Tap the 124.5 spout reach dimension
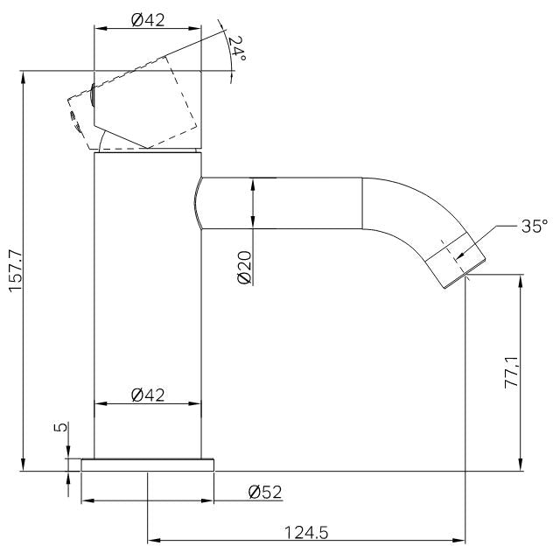click(x=305, y=531)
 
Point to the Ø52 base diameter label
click(x=265, y=492)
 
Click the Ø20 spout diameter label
click(x=244, y=266)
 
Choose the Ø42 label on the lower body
click(x=149, y=395)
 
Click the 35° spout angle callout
click(x=531, y=227)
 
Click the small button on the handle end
click(x=92, y=92)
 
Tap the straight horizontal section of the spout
click(x=280, y=203)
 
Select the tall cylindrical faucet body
click(x=147, y=306)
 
